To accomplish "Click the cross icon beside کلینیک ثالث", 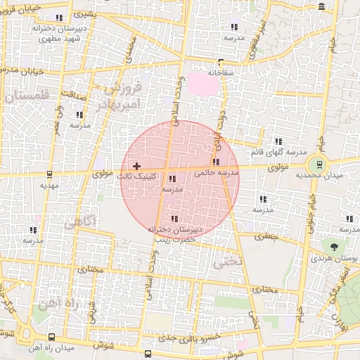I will point(136,165).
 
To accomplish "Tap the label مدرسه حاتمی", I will point(217,172).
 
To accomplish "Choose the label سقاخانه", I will point(221,72).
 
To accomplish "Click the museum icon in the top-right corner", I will point(322,6).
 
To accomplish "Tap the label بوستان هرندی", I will point(335,259).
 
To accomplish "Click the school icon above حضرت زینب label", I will point(174,219).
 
